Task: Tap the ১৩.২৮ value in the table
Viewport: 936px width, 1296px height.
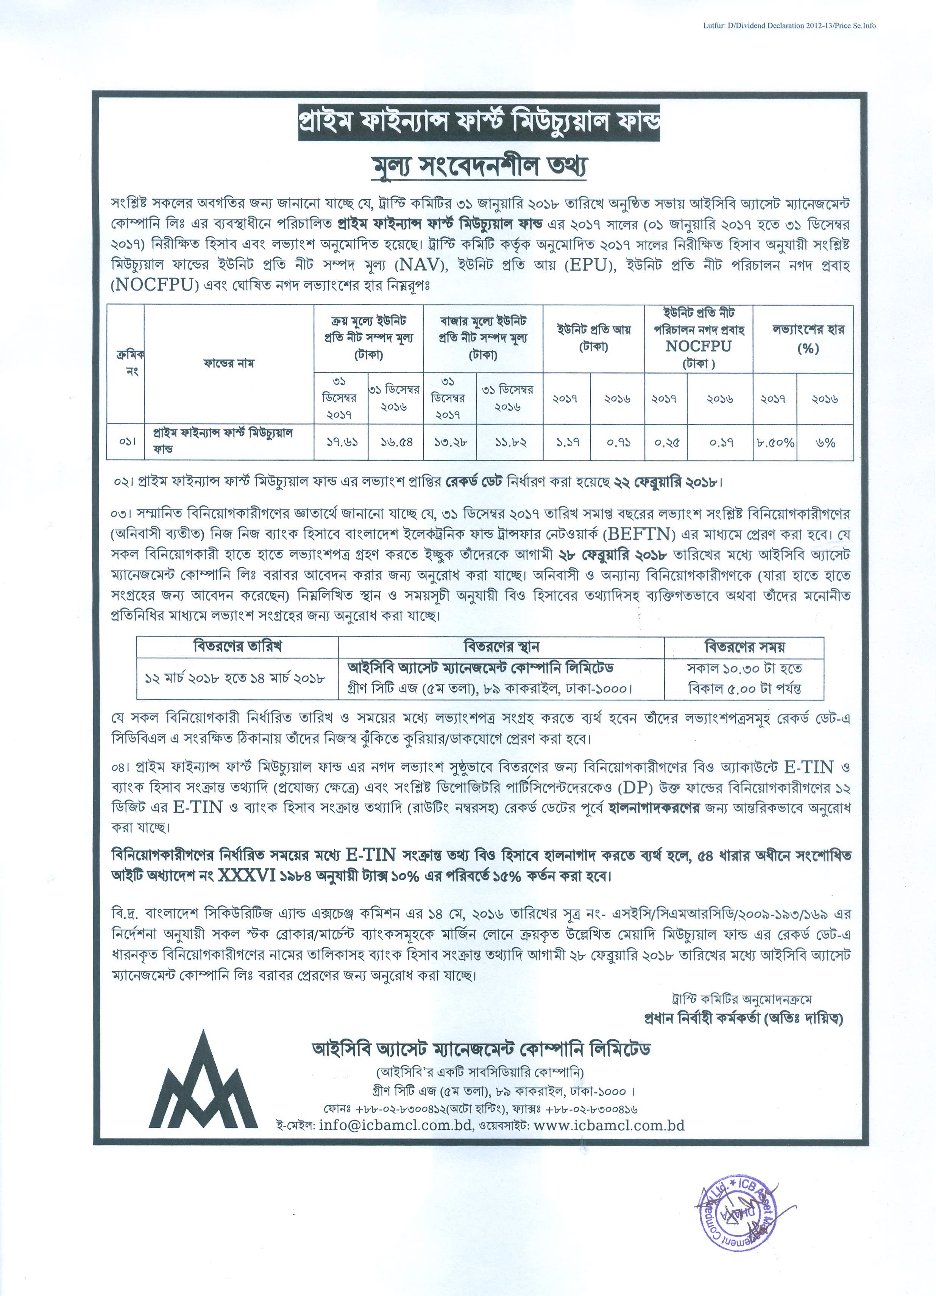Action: (450, 442)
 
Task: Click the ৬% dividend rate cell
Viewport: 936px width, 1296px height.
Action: (826, 442)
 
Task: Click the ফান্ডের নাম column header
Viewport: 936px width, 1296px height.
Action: (228, 363)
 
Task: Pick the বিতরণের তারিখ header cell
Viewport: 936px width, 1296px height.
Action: (237, 647)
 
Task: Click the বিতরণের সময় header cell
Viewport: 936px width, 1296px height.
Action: (744, 647)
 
